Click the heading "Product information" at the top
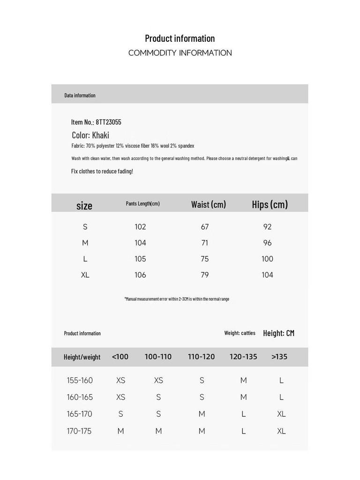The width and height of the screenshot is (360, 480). (180, 38)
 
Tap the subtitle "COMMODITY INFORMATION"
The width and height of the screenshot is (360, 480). (180, 53)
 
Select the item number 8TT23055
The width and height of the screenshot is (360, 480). (108, 122)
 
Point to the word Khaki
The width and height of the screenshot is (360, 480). (100, 135)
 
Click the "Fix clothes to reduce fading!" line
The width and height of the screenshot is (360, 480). (102, 171)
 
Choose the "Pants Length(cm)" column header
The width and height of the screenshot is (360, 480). (142, 203)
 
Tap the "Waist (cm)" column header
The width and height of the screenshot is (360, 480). (209, 204)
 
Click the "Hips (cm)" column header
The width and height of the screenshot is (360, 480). (270, 204)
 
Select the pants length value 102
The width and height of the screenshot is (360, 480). (140, 227)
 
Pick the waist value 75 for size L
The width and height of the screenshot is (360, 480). (205, 259)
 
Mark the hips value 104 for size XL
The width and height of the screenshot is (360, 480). (267, 275)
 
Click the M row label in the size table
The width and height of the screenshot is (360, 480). (85, 243)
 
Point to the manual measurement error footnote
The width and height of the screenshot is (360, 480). (177, 299)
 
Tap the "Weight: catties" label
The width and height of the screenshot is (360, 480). (240, 333)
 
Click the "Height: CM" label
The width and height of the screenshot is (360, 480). (278, 333)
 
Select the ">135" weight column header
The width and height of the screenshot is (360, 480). (279, 357)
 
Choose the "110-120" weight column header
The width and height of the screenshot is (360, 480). (201, 357)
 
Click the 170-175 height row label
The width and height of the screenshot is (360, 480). (79, 431)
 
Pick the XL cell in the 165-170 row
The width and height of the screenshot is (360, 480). (281, 414)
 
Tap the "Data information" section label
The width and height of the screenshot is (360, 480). (80, 96)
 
